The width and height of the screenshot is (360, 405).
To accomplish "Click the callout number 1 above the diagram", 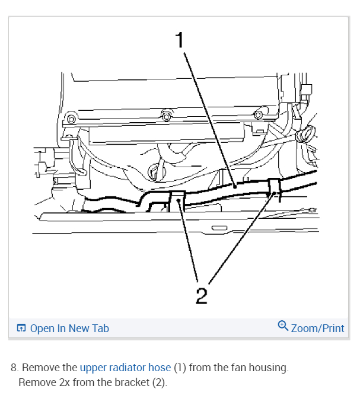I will point(180,41).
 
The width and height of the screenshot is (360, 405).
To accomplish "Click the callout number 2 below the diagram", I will point(201,295).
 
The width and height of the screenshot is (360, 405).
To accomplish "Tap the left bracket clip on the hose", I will point(177,201).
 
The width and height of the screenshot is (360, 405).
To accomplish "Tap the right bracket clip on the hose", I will point(273,187).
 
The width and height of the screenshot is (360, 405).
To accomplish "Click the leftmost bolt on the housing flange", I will point(71,119).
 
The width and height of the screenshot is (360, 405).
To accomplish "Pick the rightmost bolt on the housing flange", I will point(257,114).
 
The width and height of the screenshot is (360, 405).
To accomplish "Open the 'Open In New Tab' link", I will point(69,328).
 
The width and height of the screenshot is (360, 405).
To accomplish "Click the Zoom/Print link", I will point(317,328).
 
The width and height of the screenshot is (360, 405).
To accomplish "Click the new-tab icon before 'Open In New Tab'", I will point(21,328).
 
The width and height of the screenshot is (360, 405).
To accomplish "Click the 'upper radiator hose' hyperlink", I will point(125,368).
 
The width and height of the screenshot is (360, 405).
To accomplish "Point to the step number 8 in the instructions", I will point(14,368).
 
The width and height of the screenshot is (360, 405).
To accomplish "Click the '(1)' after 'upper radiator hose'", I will point(180,368).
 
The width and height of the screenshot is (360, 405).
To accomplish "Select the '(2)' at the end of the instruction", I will point(160,382).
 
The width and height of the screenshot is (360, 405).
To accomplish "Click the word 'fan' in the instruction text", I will point(222,368).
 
